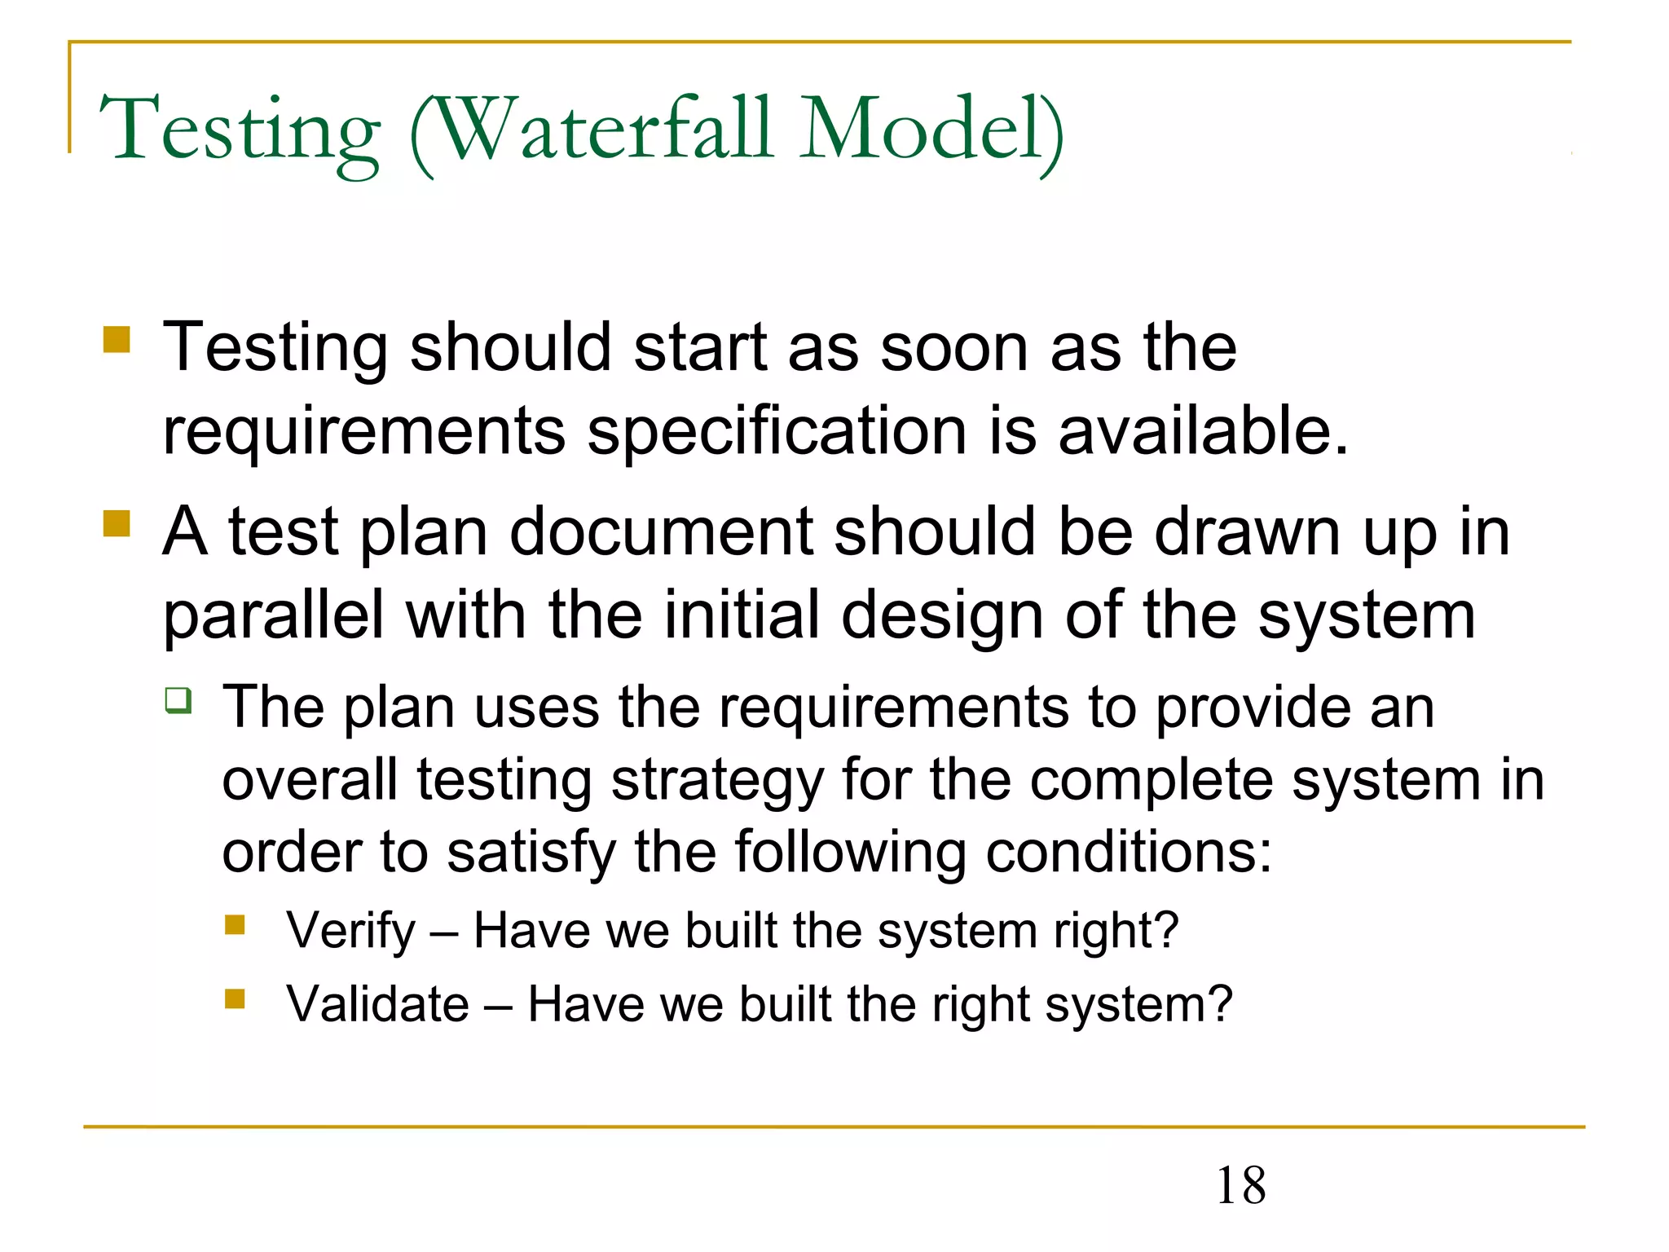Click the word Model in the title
(x=922, y=130)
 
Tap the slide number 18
(x=1240, y=1186)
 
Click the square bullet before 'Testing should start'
(x=117, y=340)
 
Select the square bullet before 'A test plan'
(x=117, y=523)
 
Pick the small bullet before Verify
(x=235, y=925)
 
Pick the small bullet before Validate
(x=235, y=999)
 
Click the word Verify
(x=350, y=931)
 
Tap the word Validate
(x=377, y=1004)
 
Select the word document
(x=661, y=532)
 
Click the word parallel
(x=273, y=616)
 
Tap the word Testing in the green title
(x=239, y=130)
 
